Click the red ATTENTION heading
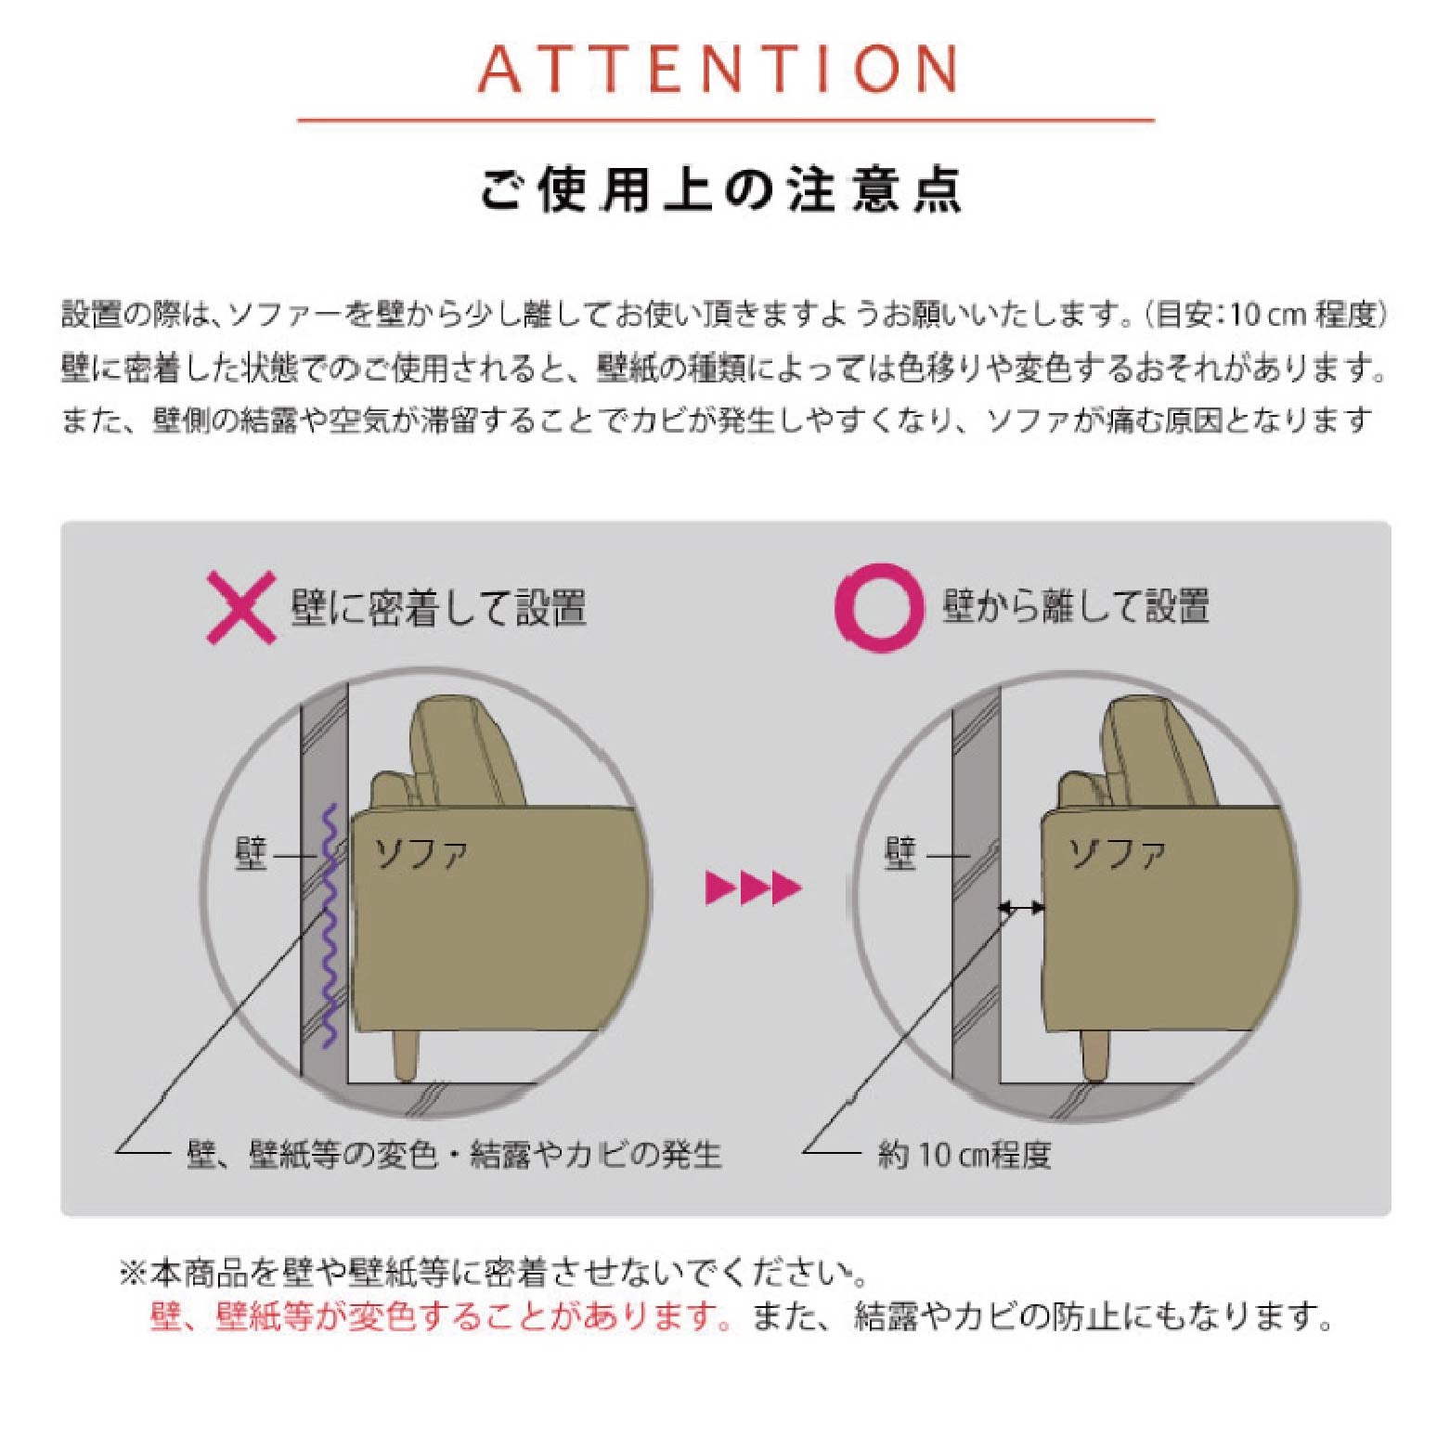[x=719, y=69]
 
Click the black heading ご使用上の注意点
[x=721, y=189]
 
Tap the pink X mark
[x=240, y=607]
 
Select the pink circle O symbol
[x=878, y=607]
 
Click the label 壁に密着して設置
[x=439, y=608]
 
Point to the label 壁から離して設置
[x=1076, y=606]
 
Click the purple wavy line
[x=330, y=926]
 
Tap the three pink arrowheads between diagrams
[x=753, y=887]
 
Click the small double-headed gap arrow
[x=1021, y=908]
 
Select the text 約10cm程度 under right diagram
[x=965, y=1154]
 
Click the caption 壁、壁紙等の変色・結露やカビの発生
[x=454, y=1154]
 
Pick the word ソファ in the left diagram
[x=421, y=852]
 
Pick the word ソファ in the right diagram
[x=1117, y=852]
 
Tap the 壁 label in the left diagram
[x=251, y=853]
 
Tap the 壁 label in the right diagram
[x=900, y=853]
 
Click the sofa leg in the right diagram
[x=1094, y=1055]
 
